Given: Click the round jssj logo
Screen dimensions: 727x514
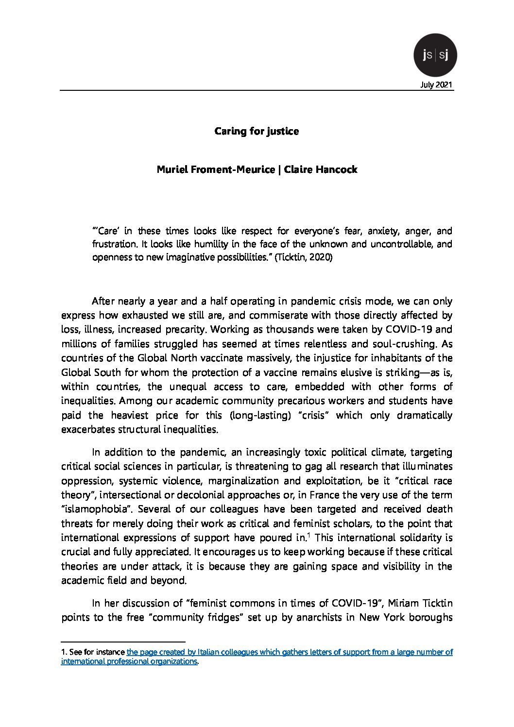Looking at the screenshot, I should [x=435, y=55].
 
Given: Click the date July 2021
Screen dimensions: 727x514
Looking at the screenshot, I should [x=436, y=85].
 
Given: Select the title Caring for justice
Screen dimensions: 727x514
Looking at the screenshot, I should [x=257, y=131].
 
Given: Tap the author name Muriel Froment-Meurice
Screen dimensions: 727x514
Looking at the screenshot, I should [x=215, y=169].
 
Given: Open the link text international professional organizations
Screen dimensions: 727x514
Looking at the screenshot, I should [x=129, y=661].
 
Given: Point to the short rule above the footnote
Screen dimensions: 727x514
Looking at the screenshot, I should [x=123, y=641].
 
